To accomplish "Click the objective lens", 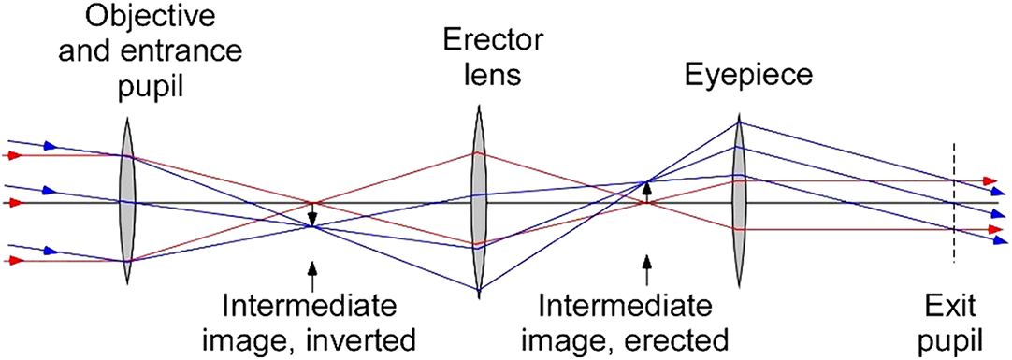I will [127, 203].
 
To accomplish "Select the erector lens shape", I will [477, 201].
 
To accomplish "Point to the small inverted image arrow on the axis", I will [312, 217].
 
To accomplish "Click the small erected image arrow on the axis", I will [645, 190].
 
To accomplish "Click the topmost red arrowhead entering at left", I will [12, 155].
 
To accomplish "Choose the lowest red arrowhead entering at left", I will [12, 262].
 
